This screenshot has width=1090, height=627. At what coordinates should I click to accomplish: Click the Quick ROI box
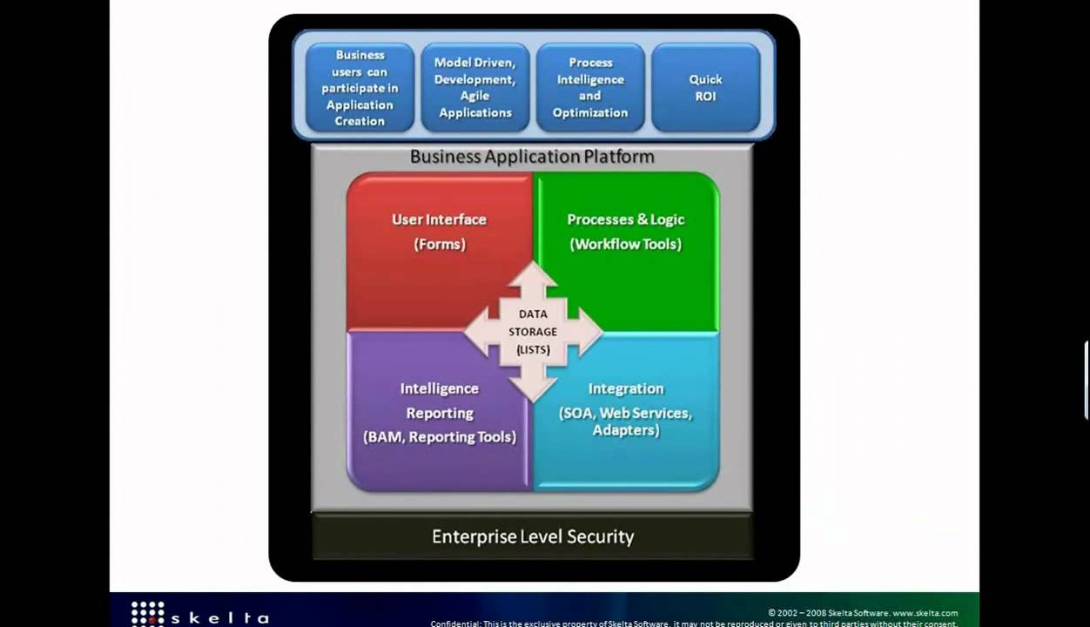(705, 87)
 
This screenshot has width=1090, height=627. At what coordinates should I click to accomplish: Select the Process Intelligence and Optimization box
(590, 87)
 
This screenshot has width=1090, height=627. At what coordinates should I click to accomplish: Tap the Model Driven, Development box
(474, 87)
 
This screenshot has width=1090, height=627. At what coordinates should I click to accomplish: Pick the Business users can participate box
(360, 87)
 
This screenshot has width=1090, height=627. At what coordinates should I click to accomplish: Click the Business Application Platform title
(532, 157)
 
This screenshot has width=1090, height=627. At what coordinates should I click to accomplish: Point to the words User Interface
(439, 219)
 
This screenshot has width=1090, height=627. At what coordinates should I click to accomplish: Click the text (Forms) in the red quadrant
(440, 244)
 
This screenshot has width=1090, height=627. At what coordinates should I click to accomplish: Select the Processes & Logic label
(625, 219)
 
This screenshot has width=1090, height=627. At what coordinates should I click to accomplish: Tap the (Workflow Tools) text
(625, 244)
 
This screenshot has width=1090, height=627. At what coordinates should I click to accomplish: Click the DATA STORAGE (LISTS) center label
(533, 332)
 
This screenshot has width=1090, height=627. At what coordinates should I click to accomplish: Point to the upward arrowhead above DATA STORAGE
(533, 275)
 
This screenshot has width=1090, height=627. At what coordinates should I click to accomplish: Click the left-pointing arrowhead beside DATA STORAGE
(477, 332)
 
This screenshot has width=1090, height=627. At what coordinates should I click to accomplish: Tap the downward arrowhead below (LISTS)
(533, 388)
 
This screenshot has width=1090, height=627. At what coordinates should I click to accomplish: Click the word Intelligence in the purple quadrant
(440, 388)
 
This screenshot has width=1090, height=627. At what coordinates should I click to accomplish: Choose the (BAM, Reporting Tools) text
(440, 437)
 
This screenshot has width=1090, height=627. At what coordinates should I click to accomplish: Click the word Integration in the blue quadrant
(625, 388)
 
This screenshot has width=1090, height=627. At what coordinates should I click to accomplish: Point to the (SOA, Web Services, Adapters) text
(625, 421)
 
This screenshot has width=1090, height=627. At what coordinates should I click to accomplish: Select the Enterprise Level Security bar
(532, 536)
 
